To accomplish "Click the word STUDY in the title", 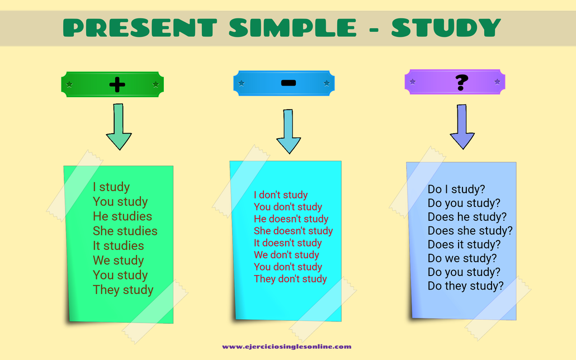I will (x=446, y=27).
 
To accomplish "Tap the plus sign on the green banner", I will (x=117, y=85).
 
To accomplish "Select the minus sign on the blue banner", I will (x=289, y=83).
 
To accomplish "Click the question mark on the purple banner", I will (x=461, y=83).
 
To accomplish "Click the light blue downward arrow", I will (x=289, y=131).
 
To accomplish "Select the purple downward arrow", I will (x=462, y=127).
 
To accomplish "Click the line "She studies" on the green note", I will (x=125, y=231).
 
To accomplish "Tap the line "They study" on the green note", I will (x=123, y=290).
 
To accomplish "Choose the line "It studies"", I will (x=118, y=245).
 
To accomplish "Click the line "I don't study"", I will (x=281, y=195).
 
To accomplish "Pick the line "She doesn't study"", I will (x=293, y=231).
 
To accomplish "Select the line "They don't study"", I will (x=290, y=278).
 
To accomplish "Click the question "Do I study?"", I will (x=456, y=189).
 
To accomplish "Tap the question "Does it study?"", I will (x=464, y=244).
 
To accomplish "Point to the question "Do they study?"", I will (x=465, y=286).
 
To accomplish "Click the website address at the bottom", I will (x=287, y=347).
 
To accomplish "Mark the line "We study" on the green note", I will (x=118, y=260).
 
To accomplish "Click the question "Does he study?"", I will (x=467, y=216).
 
